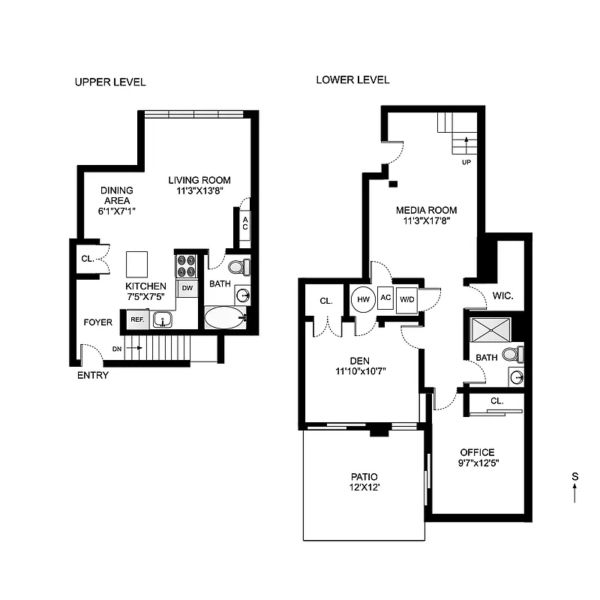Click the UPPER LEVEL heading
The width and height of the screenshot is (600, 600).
point(109,82)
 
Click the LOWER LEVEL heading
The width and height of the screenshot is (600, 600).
point(352,80)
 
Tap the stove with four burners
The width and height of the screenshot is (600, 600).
point(185,266)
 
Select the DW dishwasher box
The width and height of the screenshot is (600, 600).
point(186,288)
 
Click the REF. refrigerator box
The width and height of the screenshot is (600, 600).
point(137,319)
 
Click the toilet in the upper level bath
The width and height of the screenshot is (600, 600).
point(237,266)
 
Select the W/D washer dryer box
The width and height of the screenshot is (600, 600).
point(407,299)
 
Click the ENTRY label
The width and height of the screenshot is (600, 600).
point(93,375)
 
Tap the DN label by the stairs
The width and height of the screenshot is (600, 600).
point(116,348)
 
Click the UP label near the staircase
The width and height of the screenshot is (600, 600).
point(466,161)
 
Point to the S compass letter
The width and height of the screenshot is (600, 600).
point(574,476)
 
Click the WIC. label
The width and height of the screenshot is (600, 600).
point(502,296)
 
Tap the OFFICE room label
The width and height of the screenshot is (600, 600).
point(477,452)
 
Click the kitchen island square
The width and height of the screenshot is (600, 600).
point(137,265)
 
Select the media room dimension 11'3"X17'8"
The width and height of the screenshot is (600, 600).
point(426,220)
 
